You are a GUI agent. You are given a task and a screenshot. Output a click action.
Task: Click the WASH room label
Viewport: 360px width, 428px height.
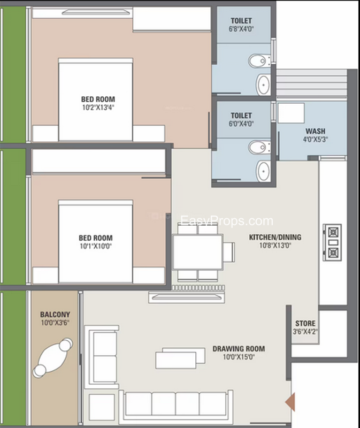click(315, 131)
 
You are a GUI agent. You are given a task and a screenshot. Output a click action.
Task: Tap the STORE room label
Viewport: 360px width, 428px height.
click(305, 324)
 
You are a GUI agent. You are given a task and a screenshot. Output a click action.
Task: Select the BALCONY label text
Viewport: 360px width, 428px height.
click(55, 315)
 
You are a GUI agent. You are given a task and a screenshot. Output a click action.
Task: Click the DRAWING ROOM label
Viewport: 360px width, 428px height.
click(239, 349)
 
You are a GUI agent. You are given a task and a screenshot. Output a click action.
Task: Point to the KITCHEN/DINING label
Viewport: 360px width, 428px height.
click(275, 237)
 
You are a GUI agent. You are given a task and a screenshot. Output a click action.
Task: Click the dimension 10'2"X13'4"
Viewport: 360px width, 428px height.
click(98, 108)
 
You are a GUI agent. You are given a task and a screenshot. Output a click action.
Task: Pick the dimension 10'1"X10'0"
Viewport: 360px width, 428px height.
click(96, 246)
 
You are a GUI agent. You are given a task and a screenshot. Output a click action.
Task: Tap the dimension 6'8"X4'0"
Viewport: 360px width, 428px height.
click(241, 29)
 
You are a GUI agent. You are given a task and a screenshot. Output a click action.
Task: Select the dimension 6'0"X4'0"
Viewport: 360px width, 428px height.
click(241, 124)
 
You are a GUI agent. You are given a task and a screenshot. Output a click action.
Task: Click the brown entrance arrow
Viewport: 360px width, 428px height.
click(290, 402)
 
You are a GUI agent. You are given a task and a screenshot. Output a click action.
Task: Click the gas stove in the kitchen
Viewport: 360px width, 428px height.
click(332, 242)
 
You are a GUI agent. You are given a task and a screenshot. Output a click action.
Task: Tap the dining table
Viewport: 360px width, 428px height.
click(198, 252)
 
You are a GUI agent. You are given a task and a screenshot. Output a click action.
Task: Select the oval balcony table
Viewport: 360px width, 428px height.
click(52, 358)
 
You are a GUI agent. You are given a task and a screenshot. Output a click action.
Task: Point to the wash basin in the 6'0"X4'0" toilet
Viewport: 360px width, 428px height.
click(263, 171)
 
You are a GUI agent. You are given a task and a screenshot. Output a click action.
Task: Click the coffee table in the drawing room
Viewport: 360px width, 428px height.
click(180, 358)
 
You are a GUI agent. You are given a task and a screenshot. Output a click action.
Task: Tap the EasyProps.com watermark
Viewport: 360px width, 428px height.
click(227, 220)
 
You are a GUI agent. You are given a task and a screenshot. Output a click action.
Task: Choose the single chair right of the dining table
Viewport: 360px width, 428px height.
click(229, 252)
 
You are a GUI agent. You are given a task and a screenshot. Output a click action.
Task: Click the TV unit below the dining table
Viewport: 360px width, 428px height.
click(186, 297)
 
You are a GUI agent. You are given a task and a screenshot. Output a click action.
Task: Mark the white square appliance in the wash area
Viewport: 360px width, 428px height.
click(291, 113)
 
